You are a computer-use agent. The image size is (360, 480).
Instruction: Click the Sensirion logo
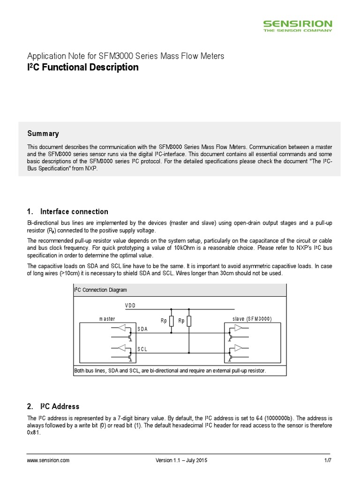tap(297, 25)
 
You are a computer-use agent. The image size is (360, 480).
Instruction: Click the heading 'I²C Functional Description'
tap(82, 67)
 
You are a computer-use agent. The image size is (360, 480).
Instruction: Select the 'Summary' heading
tap(43, 134)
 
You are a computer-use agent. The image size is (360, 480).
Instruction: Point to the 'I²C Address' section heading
tap(60, 406)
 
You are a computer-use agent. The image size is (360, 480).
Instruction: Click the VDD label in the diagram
tap(130, 305)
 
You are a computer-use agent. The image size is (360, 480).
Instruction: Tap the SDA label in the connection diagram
tap(143, 329)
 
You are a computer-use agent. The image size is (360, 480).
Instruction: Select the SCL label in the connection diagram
tap(143, 349)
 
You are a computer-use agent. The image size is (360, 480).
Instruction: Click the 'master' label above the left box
tap(107, 319)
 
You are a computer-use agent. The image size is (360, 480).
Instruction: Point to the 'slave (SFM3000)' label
tap(252, 319)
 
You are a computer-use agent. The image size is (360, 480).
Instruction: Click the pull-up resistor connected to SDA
tap(171, 321)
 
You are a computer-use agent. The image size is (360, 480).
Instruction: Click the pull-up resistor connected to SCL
tap(189, 321)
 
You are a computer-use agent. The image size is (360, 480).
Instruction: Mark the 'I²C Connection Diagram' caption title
tap(100, 290)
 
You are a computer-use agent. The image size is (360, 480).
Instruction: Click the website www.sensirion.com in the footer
tap(48, 460)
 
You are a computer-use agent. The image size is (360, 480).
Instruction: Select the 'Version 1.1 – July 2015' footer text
tap(181, 460)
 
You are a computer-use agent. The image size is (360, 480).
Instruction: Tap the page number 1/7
tap(328, 460)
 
